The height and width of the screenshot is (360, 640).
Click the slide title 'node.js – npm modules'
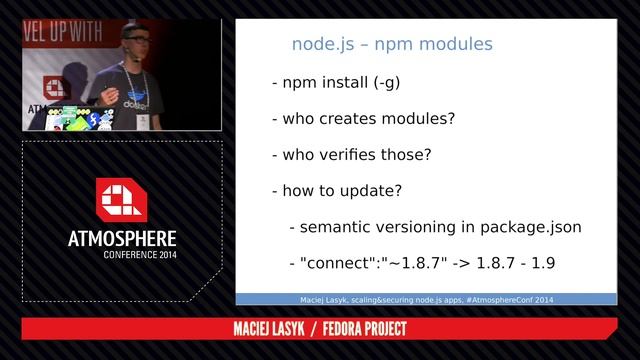pos(391,44)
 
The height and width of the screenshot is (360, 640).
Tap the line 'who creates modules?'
pos(363,119)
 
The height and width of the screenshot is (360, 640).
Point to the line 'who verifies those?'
pos(351,155)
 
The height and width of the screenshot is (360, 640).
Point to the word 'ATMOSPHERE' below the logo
pos(122,240)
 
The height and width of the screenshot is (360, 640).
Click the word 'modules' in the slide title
pos(455,44)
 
